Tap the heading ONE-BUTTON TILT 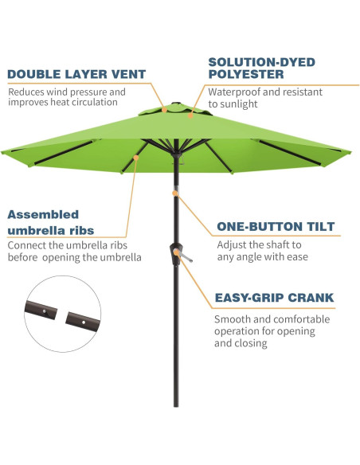pyautogui.click(x=276, y=227)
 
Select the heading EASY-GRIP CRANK pyautogui.click(x=274, y=299)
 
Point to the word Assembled pyautogui.click(x=43, y=214)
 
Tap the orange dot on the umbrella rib pyautogui.click(x=136, y=157)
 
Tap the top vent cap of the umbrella pyautogui.click(x=176, y=106)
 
